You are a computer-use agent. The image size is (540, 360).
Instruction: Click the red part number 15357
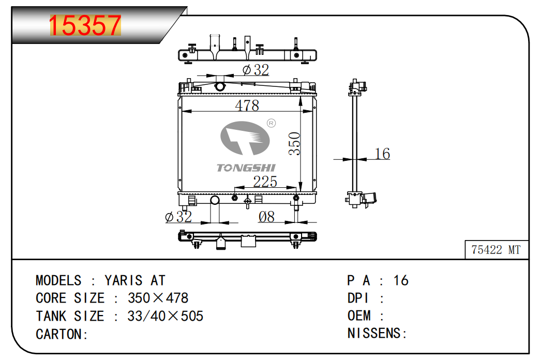(85, 25)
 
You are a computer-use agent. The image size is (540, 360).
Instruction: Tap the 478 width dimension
(247, 105)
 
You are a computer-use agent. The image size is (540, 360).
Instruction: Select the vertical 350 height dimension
(294, 144)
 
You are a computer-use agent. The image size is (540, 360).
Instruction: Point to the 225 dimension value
(265, 182)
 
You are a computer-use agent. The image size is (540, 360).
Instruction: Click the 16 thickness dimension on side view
(382, 154)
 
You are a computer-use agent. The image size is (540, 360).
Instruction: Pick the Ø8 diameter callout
(266, 217)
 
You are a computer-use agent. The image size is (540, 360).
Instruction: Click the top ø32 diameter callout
(256, 70)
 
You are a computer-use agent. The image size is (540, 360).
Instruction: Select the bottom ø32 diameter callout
(178, 217)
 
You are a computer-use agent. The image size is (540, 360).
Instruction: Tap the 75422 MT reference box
(496, 249)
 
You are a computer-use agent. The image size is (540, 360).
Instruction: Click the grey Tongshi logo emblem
(245, 138)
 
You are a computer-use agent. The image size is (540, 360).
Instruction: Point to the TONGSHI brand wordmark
(246, 168)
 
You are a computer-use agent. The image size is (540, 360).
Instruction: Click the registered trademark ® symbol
(272, 123)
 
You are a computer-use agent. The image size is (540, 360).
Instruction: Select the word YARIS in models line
(124, 280)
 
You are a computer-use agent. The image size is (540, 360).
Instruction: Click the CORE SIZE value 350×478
(158, 298)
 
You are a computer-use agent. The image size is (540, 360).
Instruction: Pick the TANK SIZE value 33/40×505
(166, 316)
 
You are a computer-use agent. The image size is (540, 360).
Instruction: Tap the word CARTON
(59, 334)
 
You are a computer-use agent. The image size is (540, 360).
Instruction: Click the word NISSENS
(374, 333)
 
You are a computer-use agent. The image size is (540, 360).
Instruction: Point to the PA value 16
(401, 280)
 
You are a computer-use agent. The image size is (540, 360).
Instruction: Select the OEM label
(359, 316)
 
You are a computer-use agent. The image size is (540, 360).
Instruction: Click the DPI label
(358, 298)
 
